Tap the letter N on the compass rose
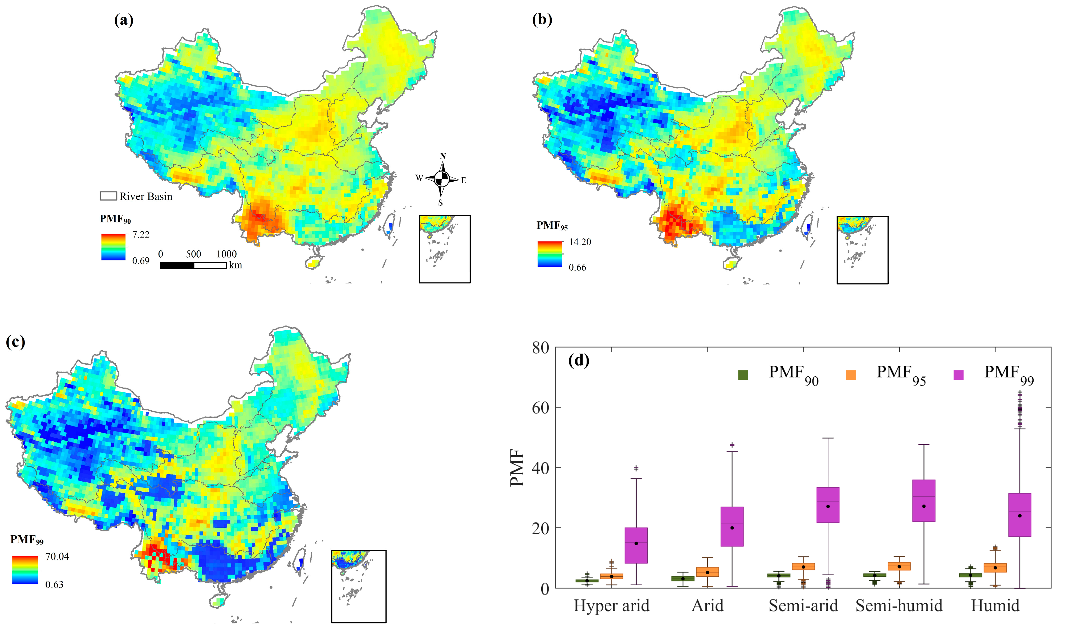coord(442,156)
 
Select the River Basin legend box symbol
coord(108,196)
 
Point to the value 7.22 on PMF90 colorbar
coord(141,235)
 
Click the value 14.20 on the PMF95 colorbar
coord(580,242)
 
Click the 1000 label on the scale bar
coord(227,254)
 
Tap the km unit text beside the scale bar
coord(235,265)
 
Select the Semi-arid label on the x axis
coord(803,605)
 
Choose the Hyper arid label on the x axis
coord(611,605)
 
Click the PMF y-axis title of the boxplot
coord(518,468)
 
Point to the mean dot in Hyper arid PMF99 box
coord(636,543)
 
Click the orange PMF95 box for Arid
coord(708,572)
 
